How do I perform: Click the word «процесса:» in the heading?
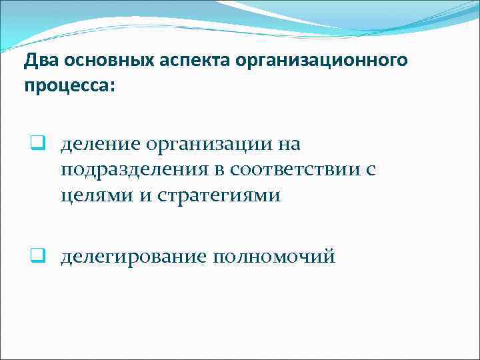69,87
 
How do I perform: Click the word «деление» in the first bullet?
101,144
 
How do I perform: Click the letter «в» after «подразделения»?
217,171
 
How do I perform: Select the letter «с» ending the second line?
371,171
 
